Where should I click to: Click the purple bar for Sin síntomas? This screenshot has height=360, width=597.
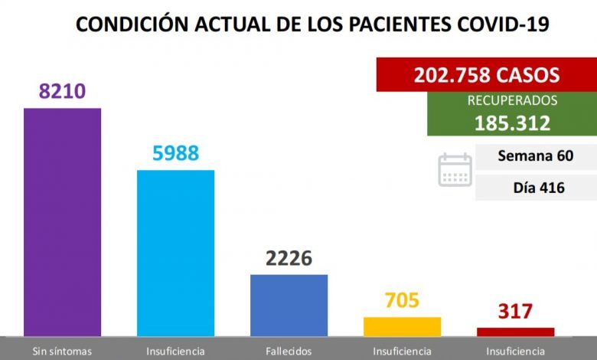click(x=62, y=222)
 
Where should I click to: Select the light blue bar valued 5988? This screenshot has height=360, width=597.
click(x=175, y=253)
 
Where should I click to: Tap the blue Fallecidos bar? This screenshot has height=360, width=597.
click(x=289, y=305)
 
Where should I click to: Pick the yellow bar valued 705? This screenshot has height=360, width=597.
click(x=402, y=326)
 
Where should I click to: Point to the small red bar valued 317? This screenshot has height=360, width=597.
click(x=515, y=332)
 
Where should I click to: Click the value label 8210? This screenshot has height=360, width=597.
click(x=62, y=92)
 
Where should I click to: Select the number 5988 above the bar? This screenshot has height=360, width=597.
click(x=175, y=152)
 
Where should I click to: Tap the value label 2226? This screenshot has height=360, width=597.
click(x=289, y=258)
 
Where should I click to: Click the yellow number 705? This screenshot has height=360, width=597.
click(x=402, y=300)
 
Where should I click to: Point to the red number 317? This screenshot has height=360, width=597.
click(x=515, y=312)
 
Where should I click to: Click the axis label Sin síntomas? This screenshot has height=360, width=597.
click(x=62, y=351)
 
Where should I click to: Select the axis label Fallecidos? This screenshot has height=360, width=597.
click(x=289, y=351)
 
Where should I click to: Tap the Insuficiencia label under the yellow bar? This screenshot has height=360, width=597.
click(x=402, y=351)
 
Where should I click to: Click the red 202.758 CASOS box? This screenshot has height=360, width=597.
click(x=486, y=75)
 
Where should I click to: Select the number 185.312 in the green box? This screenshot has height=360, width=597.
click(x=512, y=123)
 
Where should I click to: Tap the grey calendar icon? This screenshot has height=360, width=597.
click(x=455, y=170)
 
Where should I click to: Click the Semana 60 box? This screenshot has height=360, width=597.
click(x=535, y=156)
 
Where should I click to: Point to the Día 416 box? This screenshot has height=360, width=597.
click(x=535, y=187)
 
